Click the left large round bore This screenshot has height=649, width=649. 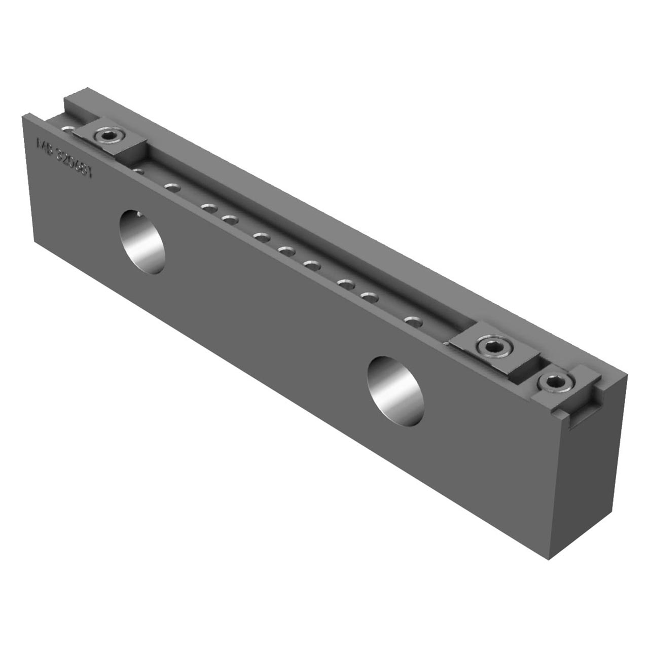point(142,242)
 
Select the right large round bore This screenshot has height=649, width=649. point(395,390)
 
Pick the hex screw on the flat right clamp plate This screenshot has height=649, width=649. point(492,347)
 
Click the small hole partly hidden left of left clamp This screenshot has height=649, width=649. point(67,129)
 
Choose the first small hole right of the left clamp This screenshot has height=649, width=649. point(138,171)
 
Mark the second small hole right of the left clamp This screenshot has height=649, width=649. point(172,187)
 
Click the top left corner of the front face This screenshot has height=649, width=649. point(23,116)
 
